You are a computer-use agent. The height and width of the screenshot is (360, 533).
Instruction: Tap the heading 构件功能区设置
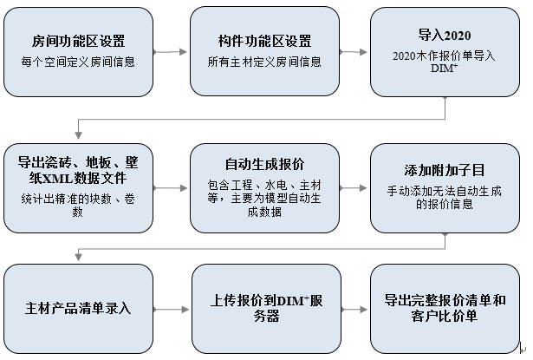coord(264,41)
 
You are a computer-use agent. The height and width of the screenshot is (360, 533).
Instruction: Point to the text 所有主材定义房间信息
coord(264,62)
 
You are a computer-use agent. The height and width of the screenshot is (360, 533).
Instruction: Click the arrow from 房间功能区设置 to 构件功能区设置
coord(172,51)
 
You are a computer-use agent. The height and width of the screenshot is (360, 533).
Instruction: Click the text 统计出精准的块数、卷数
coord(78,204)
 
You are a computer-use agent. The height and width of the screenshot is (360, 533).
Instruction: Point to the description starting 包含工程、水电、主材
coord(264,197)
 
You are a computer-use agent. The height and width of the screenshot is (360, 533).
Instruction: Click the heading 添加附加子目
coord(444,171)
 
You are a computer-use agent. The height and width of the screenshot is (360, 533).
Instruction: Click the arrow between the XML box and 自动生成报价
coord(172,183)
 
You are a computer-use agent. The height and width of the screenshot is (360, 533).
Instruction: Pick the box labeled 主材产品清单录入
coord(78,309)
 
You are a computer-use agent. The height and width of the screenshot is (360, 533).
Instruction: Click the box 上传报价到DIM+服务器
coord(264,309)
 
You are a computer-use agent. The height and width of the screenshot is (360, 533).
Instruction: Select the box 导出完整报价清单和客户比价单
coord(444,309)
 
